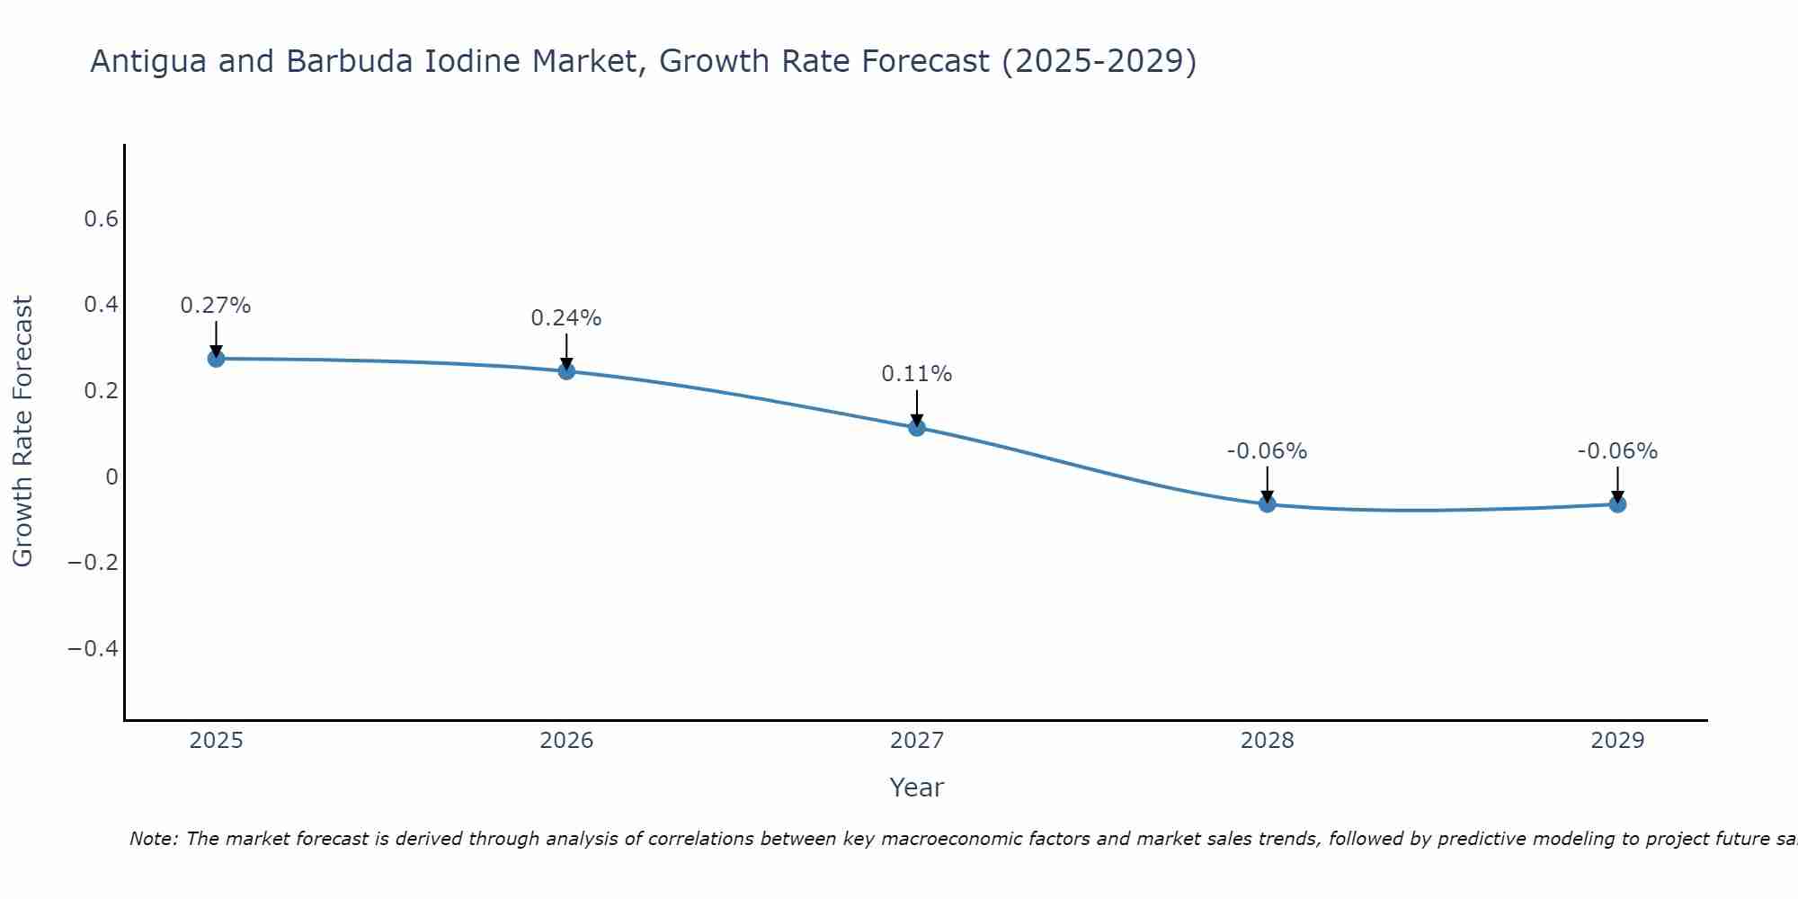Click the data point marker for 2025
[x=216, y=359]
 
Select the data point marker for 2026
[x=566, y=370]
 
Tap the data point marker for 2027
[x=917, y=427]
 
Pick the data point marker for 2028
[x=1267, y=504]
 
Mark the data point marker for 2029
[x=1617, y=504]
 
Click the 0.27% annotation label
[x=216, y=306]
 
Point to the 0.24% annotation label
[x=566, y=318]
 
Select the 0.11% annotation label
[x=917, y=374]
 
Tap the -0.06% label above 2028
[x=1267, y=451]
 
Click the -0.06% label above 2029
[x=1617, y=451]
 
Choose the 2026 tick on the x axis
[x=566, y=741]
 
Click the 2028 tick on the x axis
[x=1267, y=741]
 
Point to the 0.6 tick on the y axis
[x=101, y=219]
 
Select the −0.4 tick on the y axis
[x=93, y=648]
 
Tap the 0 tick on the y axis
[x=111, y=476]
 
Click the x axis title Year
[x=916, y=788]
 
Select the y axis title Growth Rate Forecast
[x=22, y=432]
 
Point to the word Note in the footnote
[x=154, y=839]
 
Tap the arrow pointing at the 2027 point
[x=917, y=407]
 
